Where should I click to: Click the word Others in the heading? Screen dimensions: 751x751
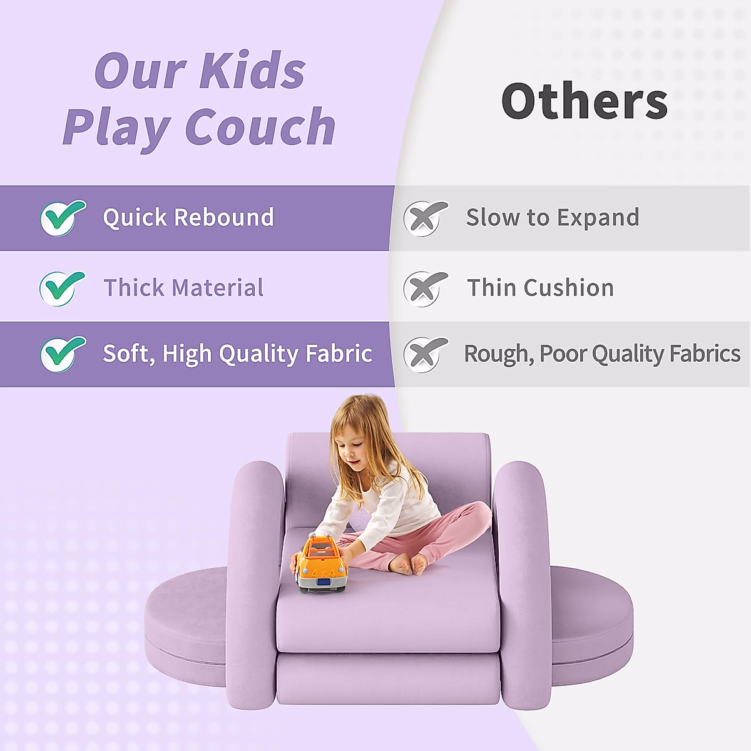click(x=585, y=101)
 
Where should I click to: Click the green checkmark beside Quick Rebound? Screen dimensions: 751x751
click(x=63, y=217)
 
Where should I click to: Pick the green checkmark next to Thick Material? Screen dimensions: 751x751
click(x=62, y=288)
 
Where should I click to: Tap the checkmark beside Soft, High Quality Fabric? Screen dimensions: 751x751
click(x=63, y=354)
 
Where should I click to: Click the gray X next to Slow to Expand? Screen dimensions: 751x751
click(x=426, y=218)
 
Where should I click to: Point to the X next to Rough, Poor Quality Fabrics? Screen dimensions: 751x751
click(x=426, y=354)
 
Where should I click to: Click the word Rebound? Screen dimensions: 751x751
click(x=223, y=217)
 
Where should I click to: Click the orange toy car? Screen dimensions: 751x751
click(x=322, y=563)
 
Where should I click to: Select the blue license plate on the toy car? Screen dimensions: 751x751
click(x=324, y=583)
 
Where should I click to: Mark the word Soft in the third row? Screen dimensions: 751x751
click(x=128, y=354)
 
